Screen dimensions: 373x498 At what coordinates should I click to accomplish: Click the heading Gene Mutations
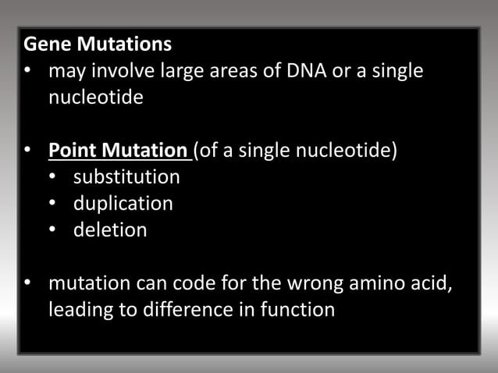(98, 44)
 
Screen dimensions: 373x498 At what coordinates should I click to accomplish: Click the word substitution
(126, 176)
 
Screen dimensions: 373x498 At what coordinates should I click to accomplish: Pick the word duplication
(123, 204)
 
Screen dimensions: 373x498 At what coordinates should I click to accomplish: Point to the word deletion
(110, 230)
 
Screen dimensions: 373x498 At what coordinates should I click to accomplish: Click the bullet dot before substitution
(52, 177)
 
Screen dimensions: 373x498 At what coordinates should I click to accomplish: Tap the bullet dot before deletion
(52, 231)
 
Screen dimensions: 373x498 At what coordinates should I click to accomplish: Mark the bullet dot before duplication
(52, 204)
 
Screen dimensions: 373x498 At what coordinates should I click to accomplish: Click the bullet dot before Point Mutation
(27, 151)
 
